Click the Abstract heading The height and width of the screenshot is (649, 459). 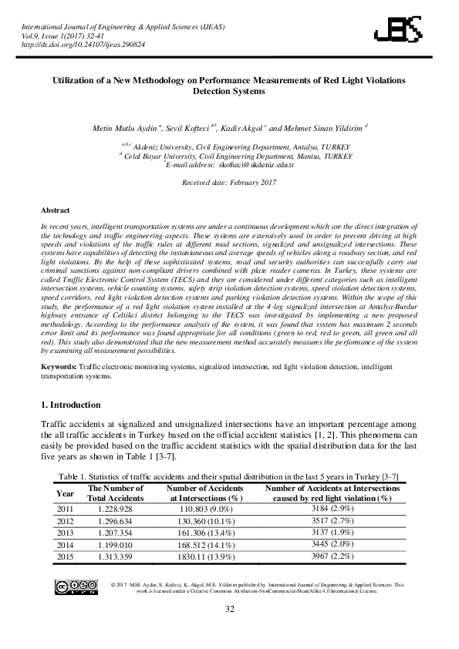[55, 210]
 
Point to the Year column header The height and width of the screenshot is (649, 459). [66, 493]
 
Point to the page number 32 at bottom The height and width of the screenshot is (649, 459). [229, 610]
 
